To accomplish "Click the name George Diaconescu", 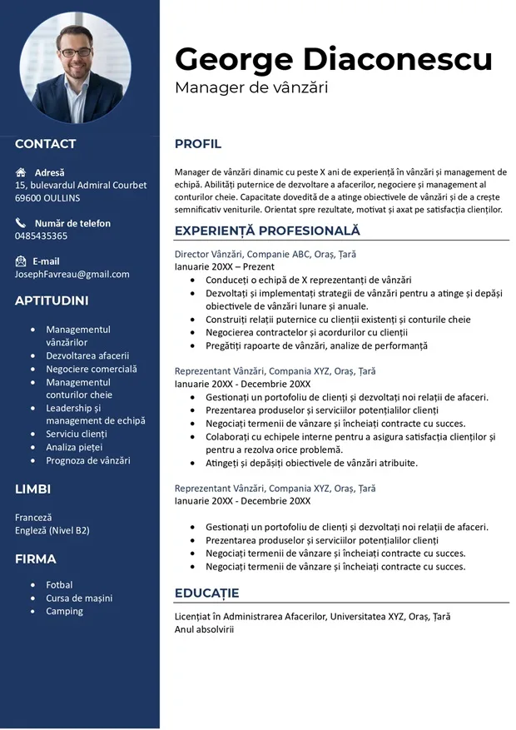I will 333,59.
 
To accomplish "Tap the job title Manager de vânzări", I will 251,87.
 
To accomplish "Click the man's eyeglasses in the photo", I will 76,52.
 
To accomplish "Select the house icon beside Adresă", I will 21,172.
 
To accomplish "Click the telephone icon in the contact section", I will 21,223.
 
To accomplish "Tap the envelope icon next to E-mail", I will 21,261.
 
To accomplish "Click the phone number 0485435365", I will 42,236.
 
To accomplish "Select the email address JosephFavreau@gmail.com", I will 72,274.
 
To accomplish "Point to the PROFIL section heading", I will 198,144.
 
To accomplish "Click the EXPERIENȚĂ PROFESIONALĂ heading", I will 267,231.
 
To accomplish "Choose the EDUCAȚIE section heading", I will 206,593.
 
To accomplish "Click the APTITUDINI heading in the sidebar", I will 52,300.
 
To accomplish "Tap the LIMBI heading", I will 32,489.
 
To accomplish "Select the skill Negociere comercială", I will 92,369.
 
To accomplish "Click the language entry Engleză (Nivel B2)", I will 52,530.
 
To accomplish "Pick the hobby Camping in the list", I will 65,611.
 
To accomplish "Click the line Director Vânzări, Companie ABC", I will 265,254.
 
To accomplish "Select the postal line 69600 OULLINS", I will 47,198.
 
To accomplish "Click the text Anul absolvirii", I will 205,629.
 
